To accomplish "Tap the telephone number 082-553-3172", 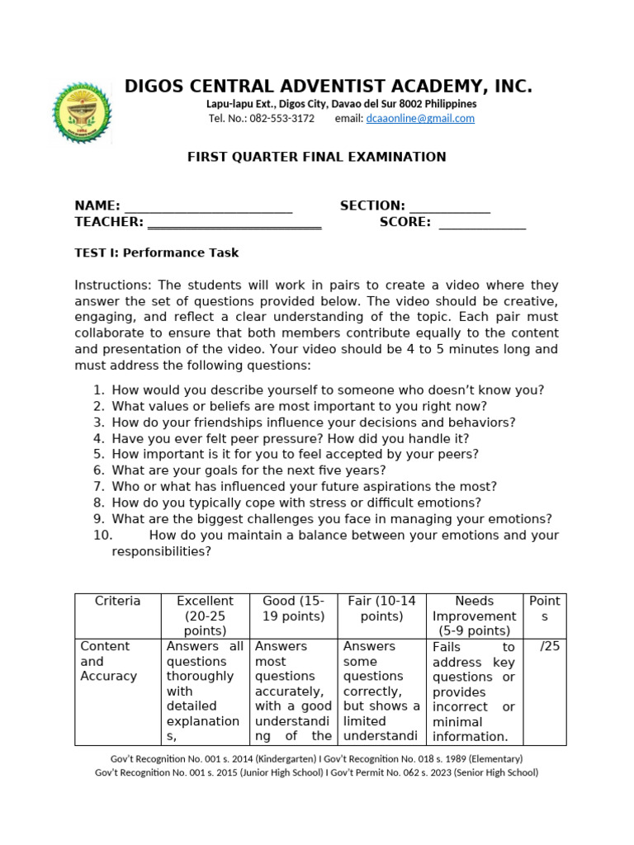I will click(282, 119).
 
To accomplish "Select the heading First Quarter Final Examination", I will click(317, 157).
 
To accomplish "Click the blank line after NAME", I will click(208, 207).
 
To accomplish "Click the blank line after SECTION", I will click(450, 207).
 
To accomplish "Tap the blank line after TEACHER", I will click(234, 223).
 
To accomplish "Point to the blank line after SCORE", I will click(482, 223).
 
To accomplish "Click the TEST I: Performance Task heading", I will click(157, 253).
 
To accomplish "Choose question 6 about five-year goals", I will click(248, 470).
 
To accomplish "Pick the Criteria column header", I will click(117, 602).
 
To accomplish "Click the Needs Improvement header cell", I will click(474, 616).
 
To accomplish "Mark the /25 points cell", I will click(549, 647).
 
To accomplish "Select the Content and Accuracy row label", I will click(108, 662).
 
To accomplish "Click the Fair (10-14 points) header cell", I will click(381, 608).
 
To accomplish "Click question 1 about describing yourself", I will click(328, 390).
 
